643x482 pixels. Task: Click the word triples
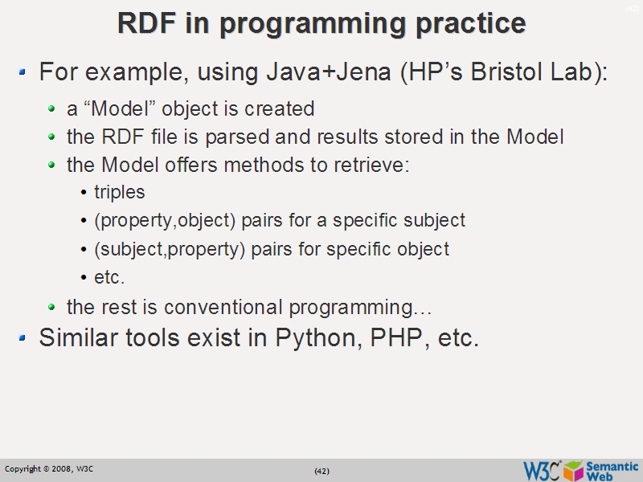click(120, 193)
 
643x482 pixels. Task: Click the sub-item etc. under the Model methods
click(109, 278)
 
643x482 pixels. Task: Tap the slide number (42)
click(321, 471)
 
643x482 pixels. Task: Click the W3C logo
click(542, 471)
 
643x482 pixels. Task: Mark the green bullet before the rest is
click(52, 308)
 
